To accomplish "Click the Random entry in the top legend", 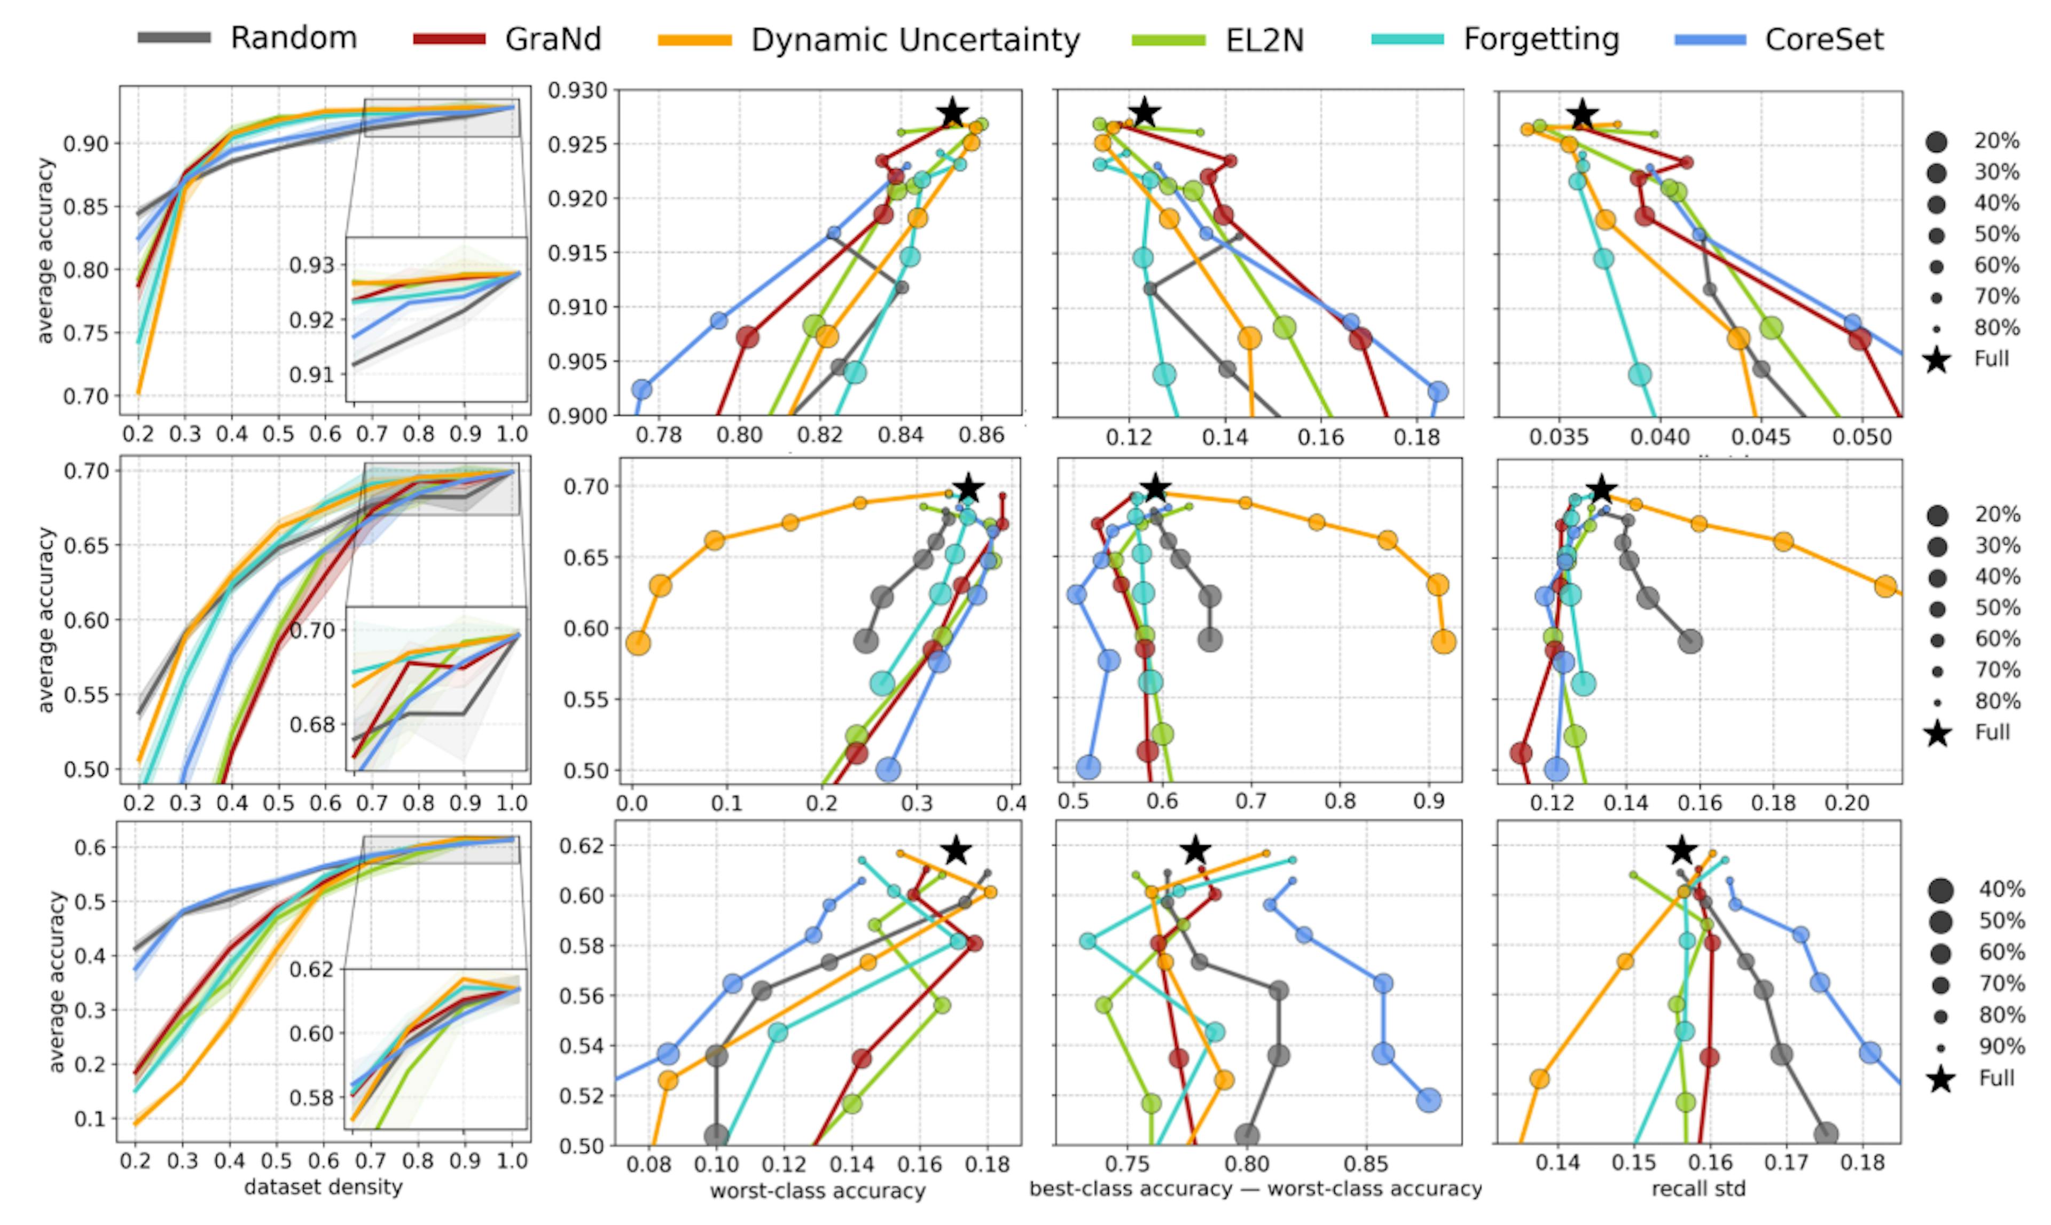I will pyautogui.click(x=293, y=38).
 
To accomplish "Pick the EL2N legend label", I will pyautogui.click(x=1264, y=40).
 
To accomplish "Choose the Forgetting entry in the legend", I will pyautogui.click(x=1541, y=39).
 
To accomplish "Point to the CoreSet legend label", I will pyautogui.click(x=1824, y=39).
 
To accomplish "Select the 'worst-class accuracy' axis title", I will pyautogui.click(x=817, y=1190).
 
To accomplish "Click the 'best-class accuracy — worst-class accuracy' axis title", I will pyautogui.click(x=1256, y=1189).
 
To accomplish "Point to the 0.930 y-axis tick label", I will pyautogui.click(x=577, y=90).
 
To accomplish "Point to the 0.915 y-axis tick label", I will pyautogui.click(x=577, y=253).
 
